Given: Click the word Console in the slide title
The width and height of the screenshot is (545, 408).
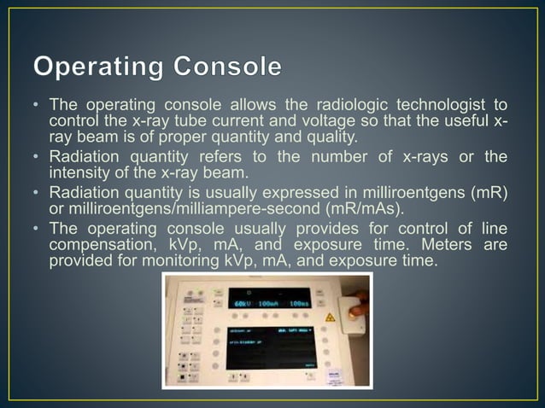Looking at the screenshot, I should pyautogui.click(x=229, y=66).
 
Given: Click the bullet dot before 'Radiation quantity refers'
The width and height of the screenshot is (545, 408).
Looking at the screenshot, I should pyautogui.click(x=38, y=158).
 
